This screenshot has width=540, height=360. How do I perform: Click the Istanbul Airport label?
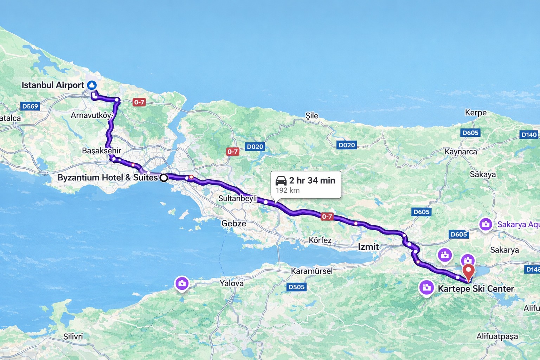click(x=53, y=85)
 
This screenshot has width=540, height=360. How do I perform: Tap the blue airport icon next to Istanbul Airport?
click(x=92, y=85)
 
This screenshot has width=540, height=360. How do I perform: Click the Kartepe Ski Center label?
click(x=476, y=289)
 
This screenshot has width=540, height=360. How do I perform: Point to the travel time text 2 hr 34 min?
click(x=312, y=180)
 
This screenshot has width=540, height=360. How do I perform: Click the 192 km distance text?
click(x=288, y=191)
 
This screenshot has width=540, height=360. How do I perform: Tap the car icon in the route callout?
click(x=281, y=180)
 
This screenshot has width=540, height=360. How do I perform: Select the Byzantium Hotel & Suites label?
click(x=107, y=178)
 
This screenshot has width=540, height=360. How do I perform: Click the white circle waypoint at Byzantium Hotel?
click(x=164, y=178)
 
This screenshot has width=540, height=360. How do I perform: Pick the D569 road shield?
click(x=30, y=106)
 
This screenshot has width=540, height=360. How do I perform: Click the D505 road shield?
click(x=296, y=287)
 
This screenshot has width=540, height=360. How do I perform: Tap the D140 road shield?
click(x=529, y=135)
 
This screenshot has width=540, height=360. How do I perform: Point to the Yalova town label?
click(x=232, y=283)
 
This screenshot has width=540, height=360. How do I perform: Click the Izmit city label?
click(x=368, y=247)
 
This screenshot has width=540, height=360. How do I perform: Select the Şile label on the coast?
click(x=311, y=116)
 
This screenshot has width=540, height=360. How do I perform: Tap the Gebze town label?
click(x=233, y=223)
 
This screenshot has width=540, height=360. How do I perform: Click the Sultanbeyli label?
click(x=238, y=198)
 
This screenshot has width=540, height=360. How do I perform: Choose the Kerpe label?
click(x=476, y=113)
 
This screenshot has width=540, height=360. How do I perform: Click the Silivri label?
click(x=73, y=336)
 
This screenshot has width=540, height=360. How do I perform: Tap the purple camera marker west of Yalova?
click(x=182, y=283)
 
